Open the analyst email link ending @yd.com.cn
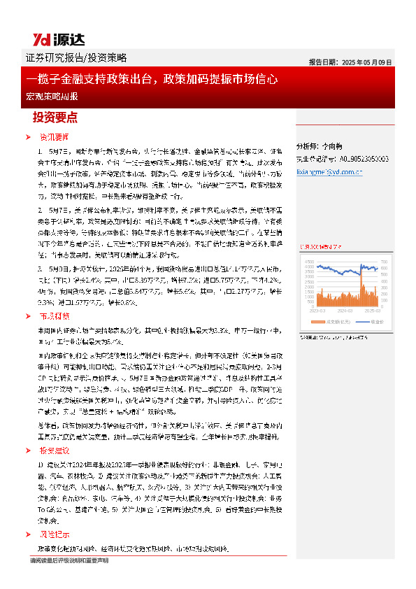(329, 169)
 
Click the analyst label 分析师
(308, 147)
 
